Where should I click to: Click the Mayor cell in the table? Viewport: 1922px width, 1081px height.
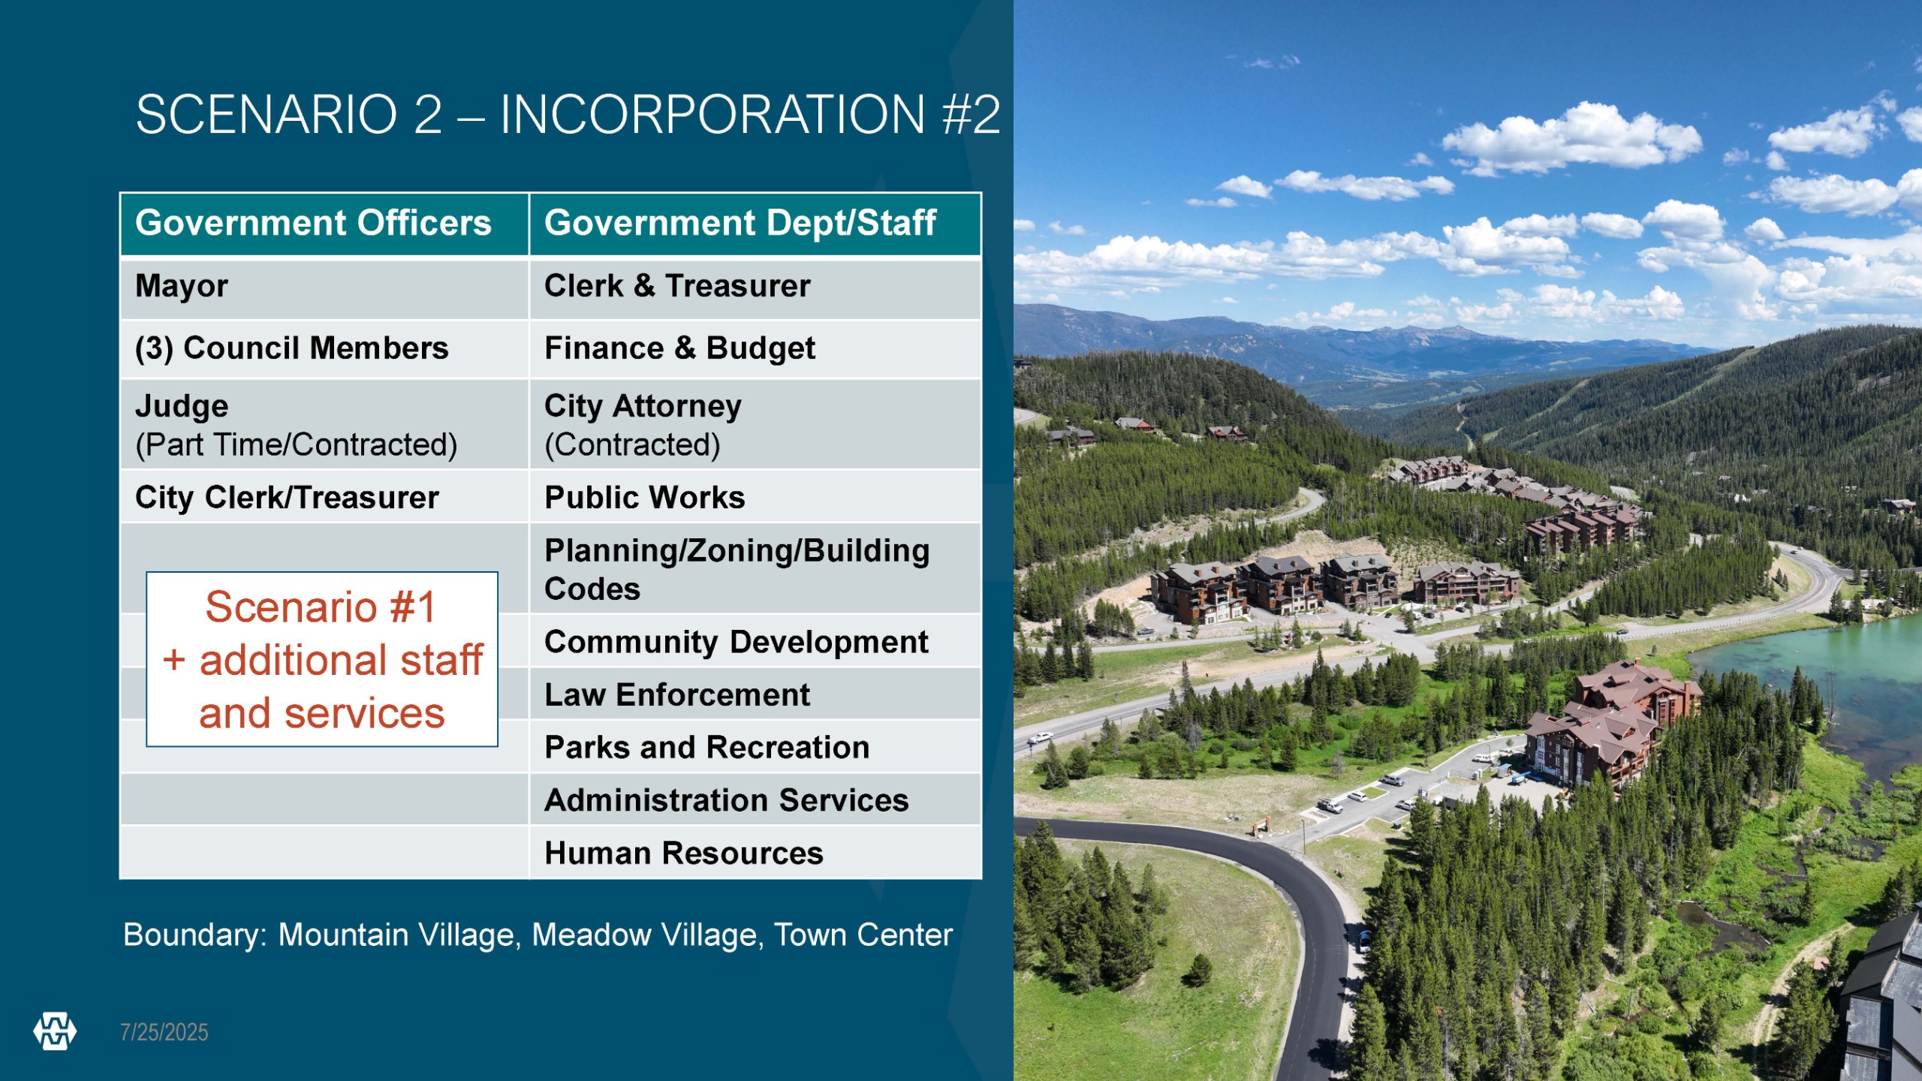[324, 288]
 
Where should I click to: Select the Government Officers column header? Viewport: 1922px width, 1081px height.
[324, 224]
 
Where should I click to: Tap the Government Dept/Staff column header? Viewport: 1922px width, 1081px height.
[755, 224]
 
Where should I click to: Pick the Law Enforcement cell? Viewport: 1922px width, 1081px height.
[755, 694]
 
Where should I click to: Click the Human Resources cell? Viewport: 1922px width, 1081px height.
[755, 853]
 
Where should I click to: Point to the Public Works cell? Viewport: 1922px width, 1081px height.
[755, 497]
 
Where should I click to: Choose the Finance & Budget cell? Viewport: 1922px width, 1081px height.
[755, 349]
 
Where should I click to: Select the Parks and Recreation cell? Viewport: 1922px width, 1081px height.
[755, 747]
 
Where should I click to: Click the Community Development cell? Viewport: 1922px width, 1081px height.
[755, 641]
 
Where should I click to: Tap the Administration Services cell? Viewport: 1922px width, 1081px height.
[755, 800]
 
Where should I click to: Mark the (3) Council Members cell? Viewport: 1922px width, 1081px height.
[324, 349]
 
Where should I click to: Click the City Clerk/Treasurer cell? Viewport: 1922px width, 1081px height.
[324, 497]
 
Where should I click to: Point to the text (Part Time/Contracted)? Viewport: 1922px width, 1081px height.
[297, 444]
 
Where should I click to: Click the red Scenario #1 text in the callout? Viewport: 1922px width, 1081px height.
[321, 607]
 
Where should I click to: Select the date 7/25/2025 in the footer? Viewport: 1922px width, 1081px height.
[164, 1032]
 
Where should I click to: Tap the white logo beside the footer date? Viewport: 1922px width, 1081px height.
[55, 1031]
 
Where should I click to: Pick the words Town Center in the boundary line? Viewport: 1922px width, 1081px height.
[863, 935]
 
